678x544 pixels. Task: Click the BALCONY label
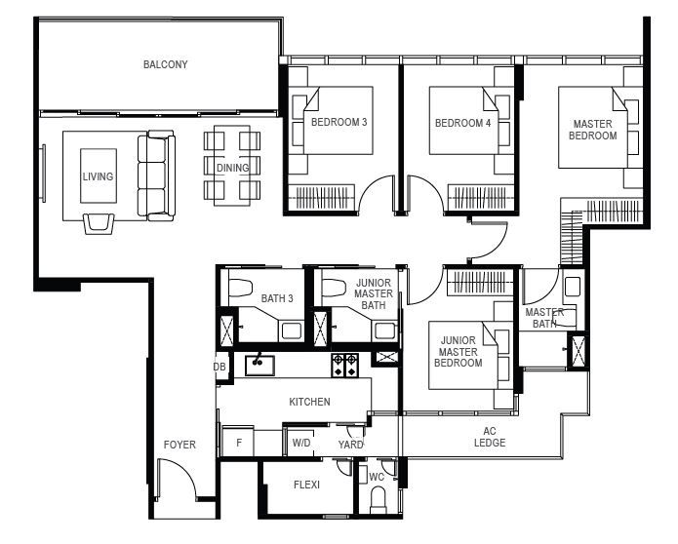coord(166,64)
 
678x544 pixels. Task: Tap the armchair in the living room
coord(100,223)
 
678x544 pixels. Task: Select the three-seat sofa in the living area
coord(156,175)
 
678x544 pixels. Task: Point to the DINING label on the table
coord(232,168)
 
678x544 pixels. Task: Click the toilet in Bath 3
coord(240,288)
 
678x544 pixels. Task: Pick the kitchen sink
coord(259,366)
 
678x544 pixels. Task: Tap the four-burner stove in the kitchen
coord(344,366)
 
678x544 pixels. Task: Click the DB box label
coord(219,367)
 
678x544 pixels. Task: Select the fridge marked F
coord(238,442)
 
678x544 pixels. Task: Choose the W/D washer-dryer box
coord(300,443)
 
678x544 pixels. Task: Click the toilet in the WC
coord(378,500)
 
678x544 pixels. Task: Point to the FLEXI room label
coord(306,485)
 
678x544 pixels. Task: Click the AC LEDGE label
coord(490,437)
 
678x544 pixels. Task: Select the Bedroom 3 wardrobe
coord(322,197)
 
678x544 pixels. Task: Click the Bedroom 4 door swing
coord(424,193)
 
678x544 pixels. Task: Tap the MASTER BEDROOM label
coord(592,130)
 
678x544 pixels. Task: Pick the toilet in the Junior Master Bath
coord(334,288)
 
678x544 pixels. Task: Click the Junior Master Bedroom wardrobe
coord(480,282)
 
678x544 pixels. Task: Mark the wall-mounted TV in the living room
coord(43,173)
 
